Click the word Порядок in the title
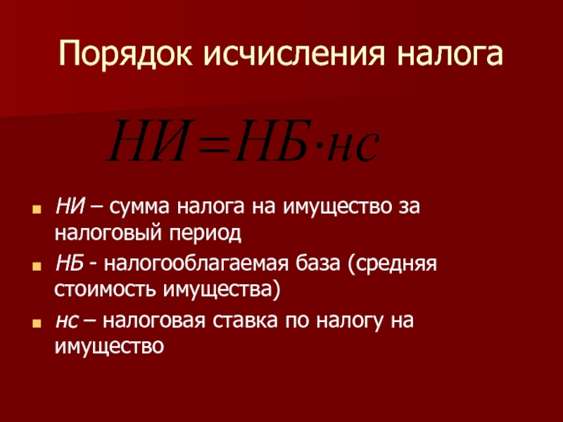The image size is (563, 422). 126,55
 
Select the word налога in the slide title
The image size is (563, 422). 450,55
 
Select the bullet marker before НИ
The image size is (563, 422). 37,209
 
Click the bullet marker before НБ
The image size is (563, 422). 37,267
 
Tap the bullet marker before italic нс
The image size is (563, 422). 37,323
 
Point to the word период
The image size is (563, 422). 205,234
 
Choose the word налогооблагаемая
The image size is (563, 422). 196,264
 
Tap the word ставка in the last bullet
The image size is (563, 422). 245,321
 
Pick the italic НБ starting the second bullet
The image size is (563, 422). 70,264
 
